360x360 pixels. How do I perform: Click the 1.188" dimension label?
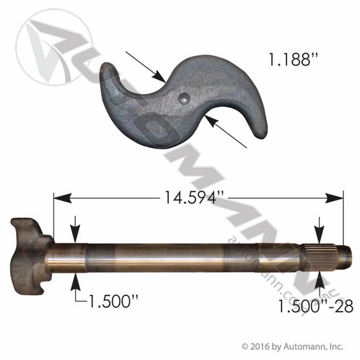coord(293,60)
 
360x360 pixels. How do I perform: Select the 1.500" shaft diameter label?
coord(113,301)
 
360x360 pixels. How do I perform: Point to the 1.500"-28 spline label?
coord(316,306)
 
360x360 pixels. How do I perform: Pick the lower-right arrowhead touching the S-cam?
coord(212,121)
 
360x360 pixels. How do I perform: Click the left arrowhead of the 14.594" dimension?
coord(62,198)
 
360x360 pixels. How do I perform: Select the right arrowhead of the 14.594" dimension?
coord(334,198)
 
